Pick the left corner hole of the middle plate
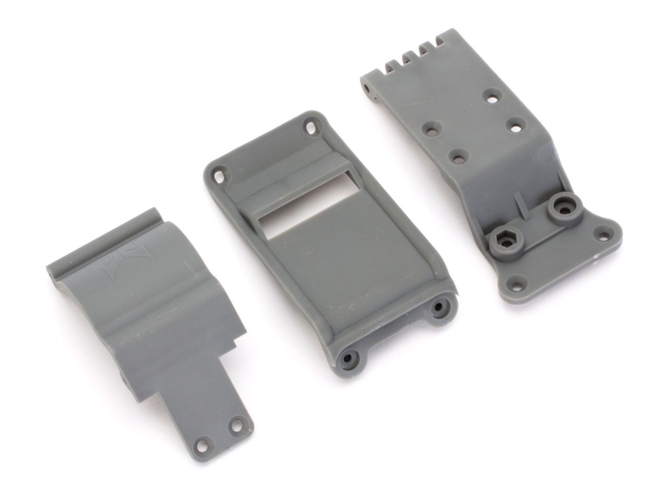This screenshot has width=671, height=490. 220,175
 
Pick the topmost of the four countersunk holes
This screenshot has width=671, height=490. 489,93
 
